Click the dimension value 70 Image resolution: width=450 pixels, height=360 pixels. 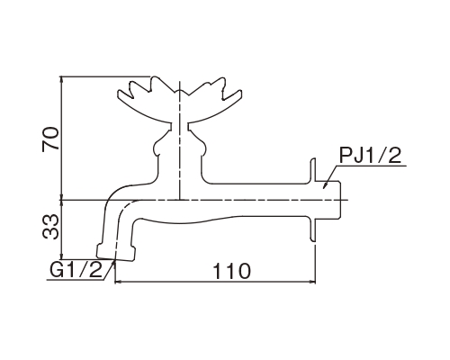(50, 139)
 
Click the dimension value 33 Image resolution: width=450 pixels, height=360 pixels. (50, 227)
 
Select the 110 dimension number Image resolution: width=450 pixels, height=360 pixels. (231, 271)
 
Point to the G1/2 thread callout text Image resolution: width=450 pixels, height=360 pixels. (76, 270)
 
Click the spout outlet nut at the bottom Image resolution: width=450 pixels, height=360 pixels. (116, 253)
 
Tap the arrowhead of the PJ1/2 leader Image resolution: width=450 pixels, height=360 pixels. (325, 185)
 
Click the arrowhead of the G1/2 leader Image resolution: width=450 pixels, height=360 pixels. (113, 263)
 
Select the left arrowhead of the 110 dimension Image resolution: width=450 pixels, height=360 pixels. (119, 282)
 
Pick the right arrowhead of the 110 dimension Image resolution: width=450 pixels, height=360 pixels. (312, 282)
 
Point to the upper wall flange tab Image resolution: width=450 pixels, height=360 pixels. (312, 170)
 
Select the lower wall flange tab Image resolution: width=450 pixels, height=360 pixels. (312, 230)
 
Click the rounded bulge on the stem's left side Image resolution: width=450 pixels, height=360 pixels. (158, 148)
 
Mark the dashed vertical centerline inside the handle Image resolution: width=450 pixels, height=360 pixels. (179, 139)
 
